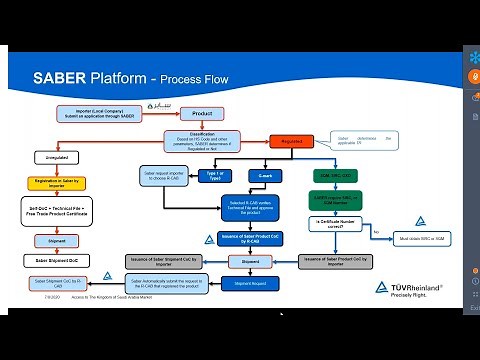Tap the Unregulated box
click(x=57, y=157)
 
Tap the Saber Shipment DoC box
click(x=57, y=261)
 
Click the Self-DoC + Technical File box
click(x=57, y=210)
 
